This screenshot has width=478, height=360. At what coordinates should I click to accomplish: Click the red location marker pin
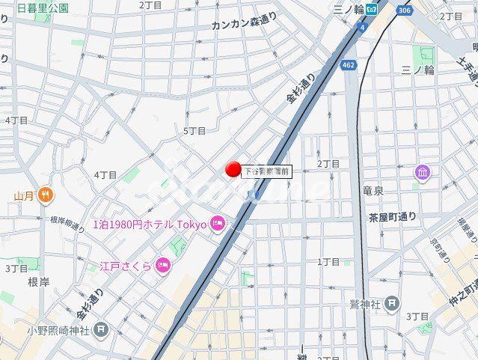[x=233, y=169]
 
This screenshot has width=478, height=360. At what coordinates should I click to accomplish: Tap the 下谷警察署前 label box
[x=267, y=171]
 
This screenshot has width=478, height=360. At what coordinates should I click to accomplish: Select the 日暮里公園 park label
[x=43, y=8]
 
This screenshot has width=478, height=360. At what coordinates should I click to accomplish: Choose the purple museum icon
[x=423, y=173]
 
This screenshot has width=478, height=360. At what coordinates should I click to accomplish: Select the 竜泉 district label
[x=373, y=192]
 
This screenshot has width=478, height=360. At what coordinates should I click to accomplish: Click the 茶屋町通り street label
[x=393, y=217]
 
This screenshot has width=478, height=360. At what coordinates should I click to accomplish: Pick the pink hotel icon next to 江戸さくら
[x=162, y=266]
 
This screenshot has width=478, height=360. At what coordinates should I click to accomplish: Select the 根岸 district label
[x=38, y=281]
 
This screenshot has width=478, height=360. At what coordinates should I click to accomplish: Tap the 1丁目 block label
[x=328, y=261]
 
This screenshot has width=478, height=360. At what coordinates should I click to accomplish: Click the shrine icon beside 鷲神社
[x=393, y=304]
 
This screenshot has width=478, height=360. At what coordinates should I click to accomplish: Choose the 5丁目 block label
[x=194, y=130]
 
